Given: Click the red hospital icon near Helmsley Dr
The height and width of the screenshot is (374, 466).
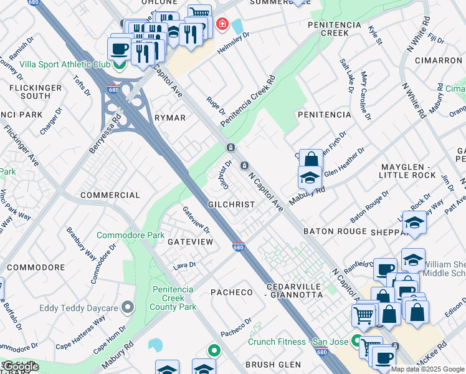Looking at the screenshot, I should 221,25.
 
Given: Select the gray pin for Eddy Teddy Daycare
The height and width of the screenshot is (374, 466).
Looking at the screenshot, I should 128,307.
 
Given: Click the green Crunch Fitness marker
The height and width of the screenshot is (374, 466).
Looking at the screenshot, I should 356,342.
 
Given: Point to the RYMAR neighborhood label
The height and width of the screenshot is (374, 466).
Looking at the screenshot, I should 170,118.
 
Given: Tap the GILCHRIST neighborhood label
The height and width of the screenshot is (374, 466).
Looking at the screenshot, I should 232,204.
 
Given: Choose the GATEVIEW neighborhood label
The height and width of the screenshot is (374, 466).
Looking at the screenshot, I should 189,241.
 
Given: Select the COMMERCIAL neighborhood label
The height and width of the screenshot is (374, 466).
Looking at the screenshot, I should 110,195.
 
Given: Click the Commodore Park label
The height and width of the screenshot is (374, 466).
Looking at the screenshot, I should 130,236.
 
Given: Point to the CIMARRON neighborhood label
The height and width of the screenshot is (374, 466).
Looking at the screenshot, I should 437,60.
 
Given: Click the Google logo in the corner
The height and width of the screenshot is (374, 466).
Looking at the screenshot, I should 21,367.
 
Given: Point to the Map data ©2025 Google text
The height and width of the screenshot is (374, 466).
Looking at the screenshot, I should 427,369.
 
